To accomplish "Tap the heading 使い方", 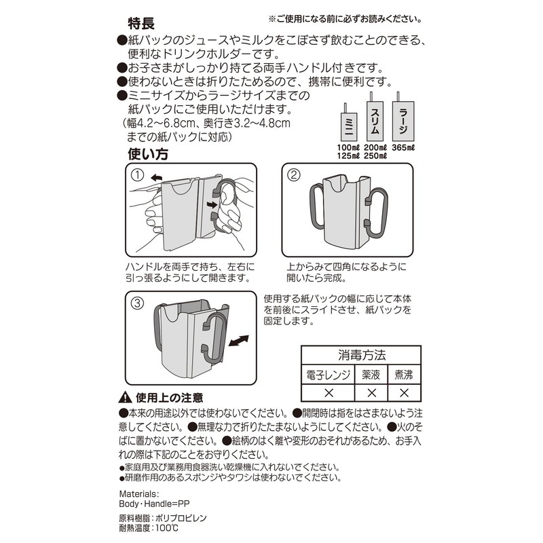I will point(148,154).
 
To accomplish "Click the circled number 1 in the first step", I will point(138,175).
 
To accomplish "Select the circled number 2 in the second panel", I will point(294,175).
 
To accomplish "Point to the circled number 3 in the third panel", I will point(138,303).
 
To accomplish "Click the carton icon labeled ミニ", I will point(347,126).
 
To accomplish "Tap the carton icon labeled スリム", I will point(375,119).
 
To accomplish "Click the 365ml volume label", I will point(403,147).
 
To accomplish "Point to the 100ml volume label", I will point(347,147).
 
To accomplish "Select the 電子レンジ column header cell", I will point(328,374).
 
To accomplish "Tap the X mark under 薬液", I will point(371,392).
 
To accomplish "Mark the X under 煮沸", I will point(404,392).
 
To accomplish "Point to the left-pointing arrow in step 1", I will point(157,176).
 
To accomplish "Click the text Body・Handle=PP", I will point(148,505).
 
